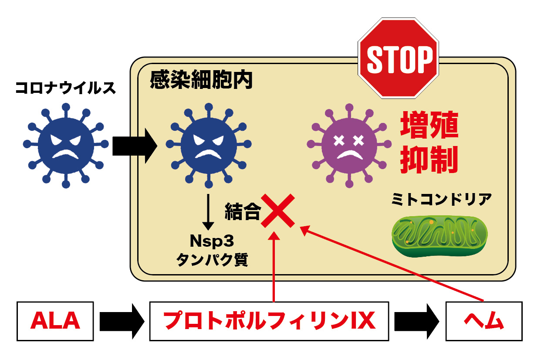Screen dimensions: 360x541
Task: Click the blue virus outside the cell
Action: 65,145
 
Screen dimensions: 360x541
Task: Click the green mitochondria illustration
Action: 439,236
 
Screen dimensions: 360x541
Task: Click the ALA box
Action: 55,321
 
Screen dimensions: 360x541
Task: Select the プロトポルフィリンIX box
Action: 269,321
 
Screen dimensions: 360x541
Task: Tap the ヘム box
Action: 484,321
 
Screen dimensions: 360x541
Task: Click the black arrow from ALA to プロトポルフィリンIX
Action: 122,321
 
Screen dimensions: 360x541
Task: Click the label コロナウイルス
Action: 66,88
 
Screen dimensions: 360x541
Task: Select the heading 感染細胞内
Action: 201,80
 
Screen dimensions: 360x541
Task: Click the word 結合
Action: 242,212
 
